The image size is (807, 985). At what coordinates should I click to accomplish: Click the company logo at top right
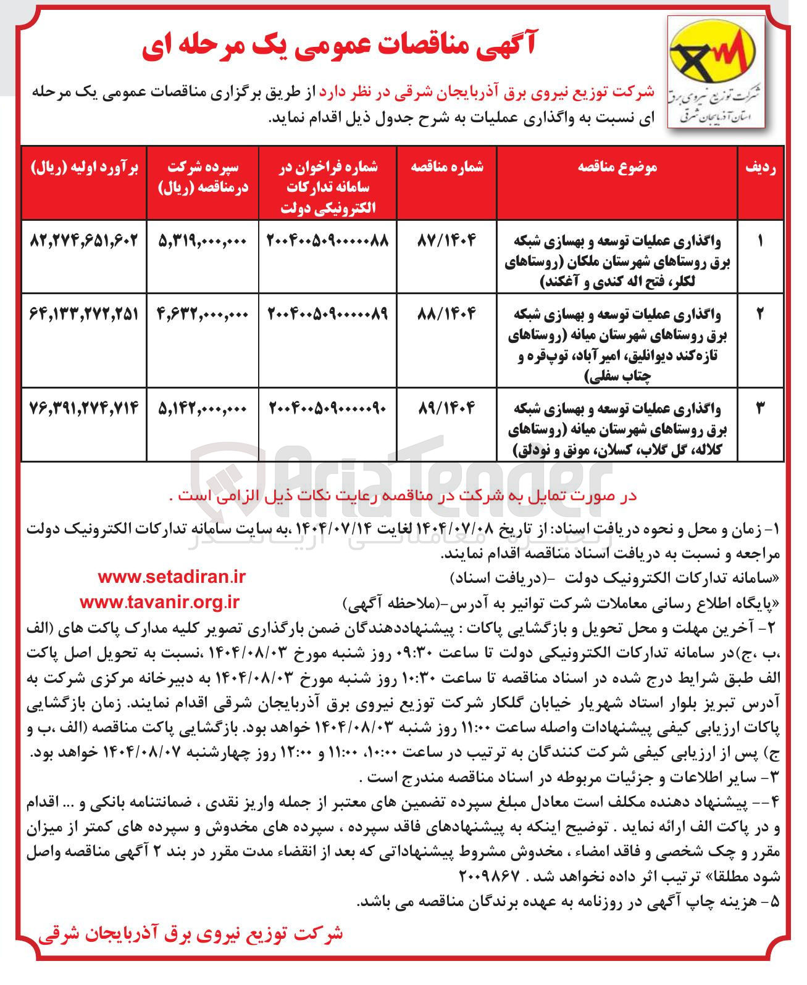point(716,73)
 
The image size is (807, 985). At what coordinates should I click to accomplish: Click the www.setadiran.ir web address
point(171,577)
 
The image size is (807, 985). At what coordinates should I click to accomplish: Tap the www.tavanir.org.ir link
point(159,602)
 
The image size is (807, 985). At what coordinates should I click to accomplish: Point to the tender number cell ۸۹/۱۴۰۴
point(448,407)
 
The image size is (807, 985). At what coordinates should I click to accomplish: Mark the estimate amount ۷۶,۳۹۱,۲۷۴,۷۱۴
point(84,407)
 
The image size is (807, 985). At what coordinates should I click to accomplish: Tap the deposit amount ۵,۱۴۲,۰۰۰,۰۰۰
point(203,407)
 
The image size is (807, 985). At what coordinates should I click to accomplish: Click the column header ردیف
point(760,168)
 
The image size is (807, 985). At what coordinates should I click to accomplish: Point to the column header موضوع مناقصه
point(617,168)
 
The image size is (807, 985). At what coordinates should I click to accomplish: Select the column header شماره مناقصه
point(448,168)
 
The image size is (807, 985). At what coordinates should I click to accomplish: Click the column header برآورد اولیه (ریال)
point(84,168)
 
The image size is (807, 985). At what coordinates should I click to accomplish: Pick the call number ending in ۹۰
point(327,407)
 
